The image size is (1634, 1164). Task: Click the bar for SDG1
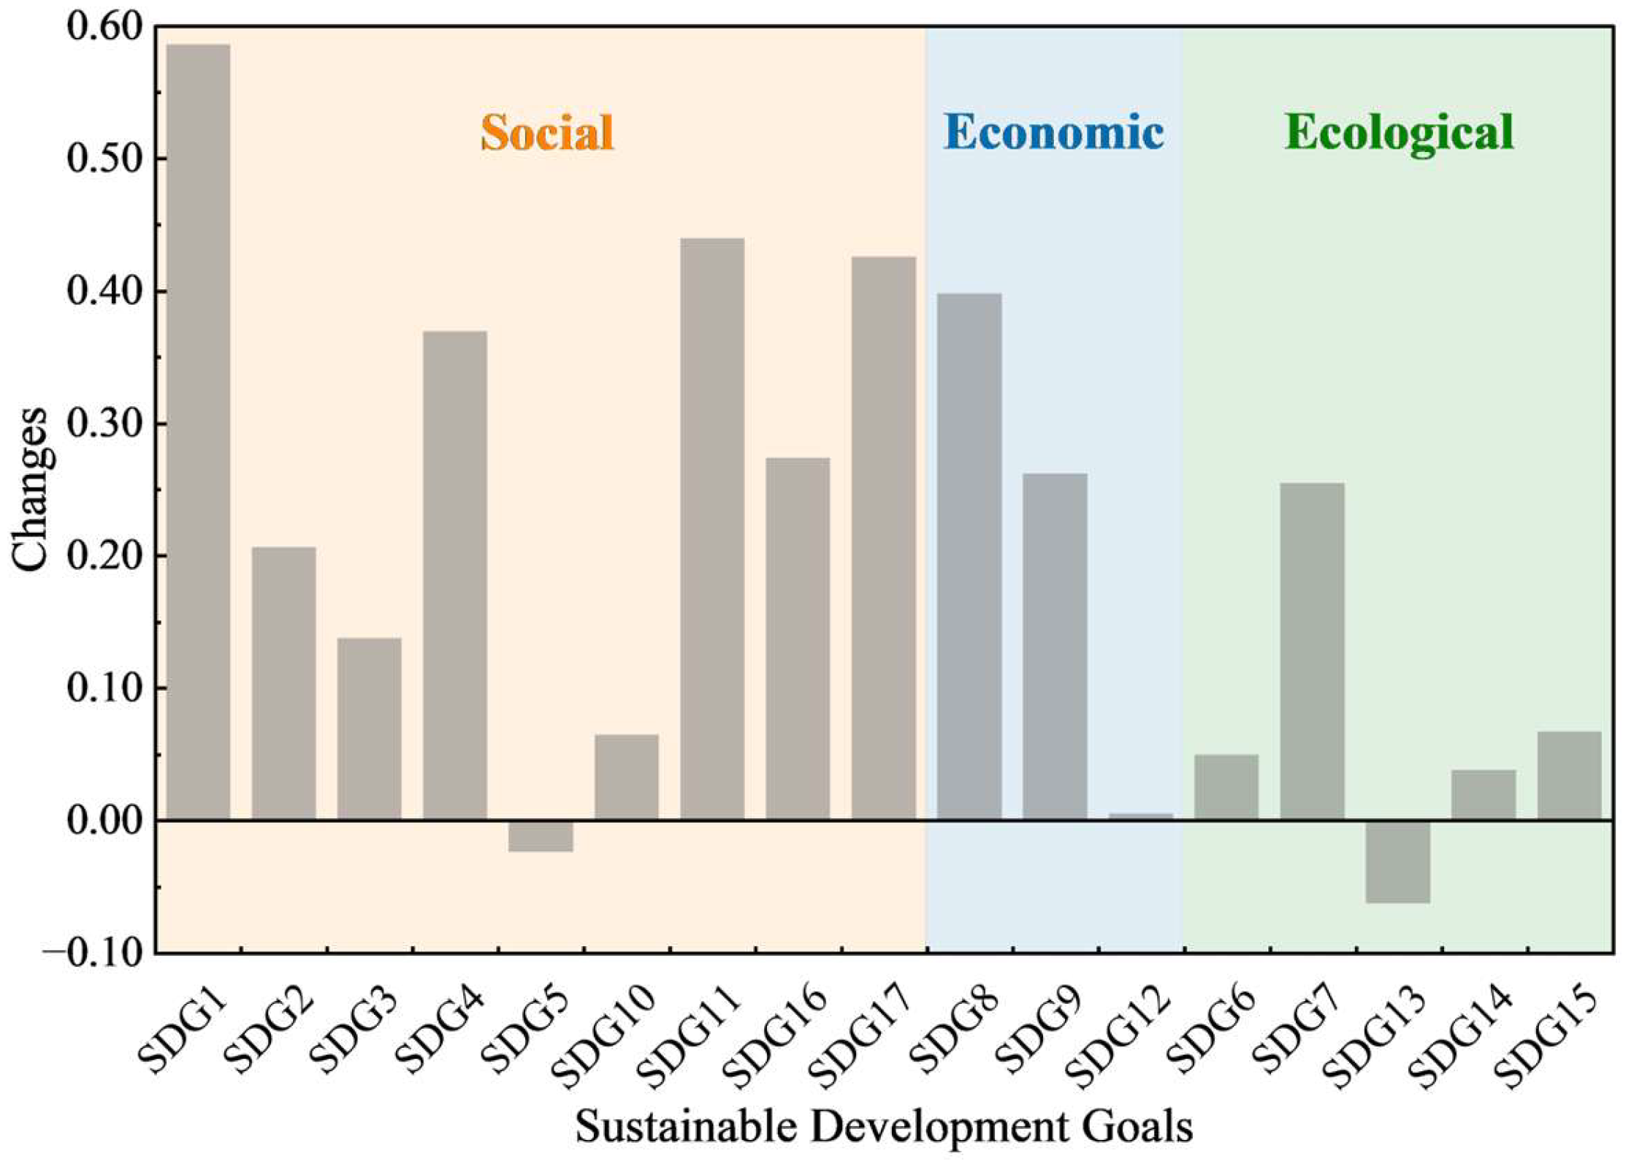click(x=197, y=432)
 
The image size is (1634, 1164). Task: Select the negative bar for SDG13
click(x=1397, y=862)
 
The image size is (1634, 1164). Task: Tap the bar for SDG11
click(x=712, y=529)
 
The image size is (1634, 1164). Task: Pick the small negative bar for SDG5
click(x=541, y=836)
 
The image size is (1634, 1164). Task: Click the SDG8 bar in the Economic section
click(x=969, y=557)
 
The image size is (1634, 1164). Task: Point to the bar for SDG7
click(x=1312, y=651)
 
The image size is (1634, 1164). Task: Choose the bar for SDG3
click(x=369, y=729)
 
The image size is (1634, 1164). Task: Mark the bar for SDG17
click(x=883, y=539)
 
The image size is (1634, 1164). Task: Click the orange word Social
click(x=547, y=132)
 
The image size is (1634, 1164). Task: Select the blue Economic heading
click(x=1053, y=132)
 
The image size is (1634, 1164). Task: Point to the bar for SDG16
click(x=798, y=639)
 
